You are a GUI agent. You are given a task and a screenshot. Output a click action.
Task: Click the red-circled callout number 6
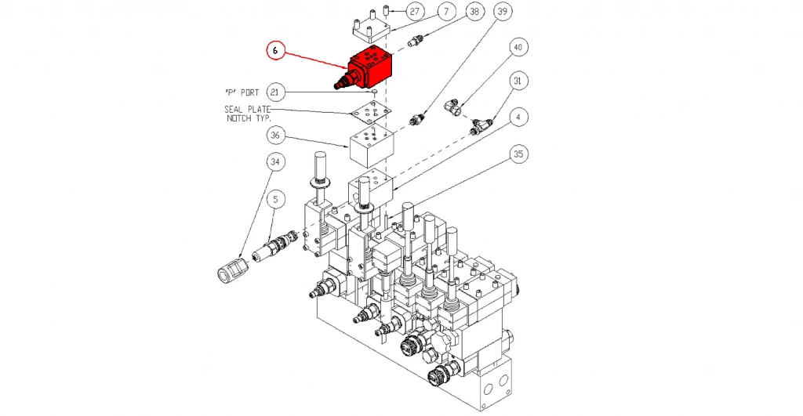[276, 51]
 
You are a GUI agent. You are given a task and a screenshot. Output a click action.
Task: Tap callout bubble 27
[414, 12]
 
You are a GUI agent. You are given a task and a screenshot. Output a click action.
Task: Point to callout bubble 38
[474, 12]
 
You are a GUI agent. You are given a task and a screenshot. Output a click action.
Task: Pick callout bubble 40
[517, 46]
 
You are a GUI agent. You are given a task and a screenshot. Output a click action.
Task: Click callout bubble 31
[517, 80]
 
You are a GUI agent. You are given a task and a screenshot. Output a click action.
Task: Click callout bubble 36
[275, 136]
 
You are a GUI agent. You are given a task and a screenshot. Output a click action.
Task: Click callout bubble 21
[274, 91]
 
